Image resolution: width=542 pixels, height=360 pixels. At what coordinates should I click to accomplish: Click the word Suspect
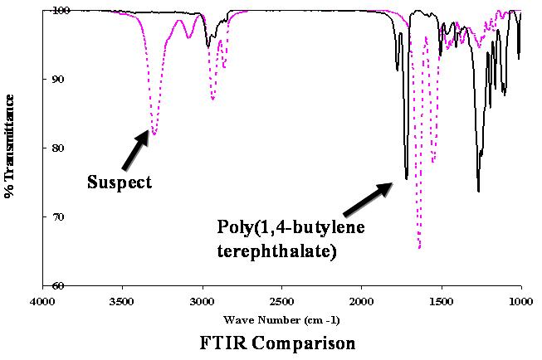[120, 182]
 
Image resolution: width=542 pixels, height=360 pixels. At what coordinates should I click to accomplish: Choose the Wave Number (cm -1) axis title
[281, 319]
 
